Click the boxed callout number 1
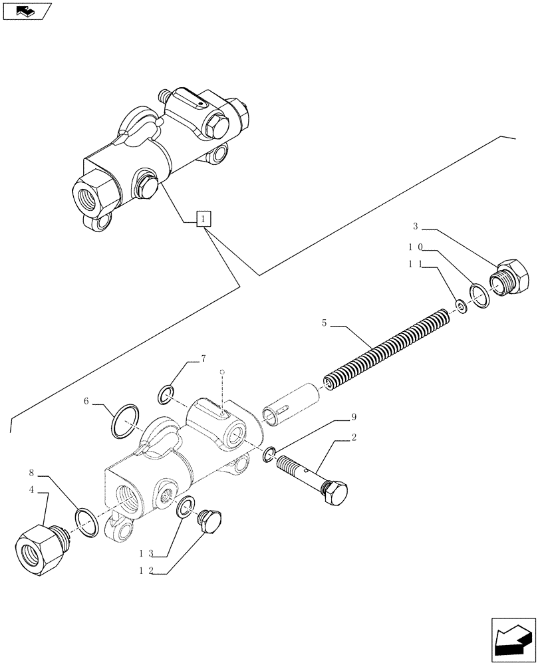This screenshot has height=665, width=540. [x=204, y=218]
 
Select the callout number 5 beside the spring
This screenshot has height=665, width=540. [x=324, y=323]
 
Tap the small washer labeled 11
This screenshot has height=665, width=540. [x=460, y=306]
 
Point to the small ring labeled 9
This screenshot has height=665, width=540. [x=269, y=455]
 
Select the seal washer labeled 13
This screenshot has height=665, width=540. [x=187, y=506]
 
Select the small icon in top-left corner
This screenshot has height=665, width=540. [x=27, y=11]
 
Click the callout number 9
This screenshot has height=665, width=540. [x=354, y=418]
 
